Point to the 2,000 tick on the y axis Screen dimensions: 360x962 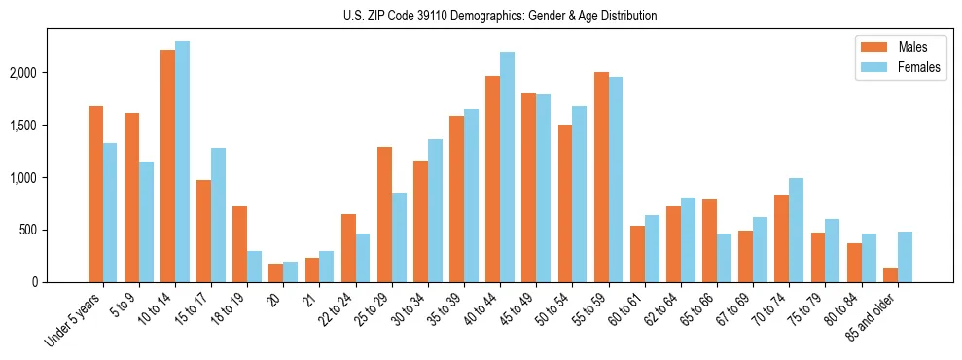point(49,73)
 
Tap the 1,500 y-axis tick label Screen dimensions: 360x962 point(49,126)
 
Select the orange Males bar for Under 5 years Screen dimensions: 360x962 point(95,195)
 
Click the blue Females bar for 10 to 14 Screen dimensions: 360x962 point(182,162)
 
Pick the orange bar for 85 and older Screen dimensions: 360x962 point(889,275)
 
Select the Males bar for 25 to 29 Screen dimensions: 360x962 point(384,215)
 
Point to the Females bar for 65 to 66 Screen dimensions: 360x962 point(724,258)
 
